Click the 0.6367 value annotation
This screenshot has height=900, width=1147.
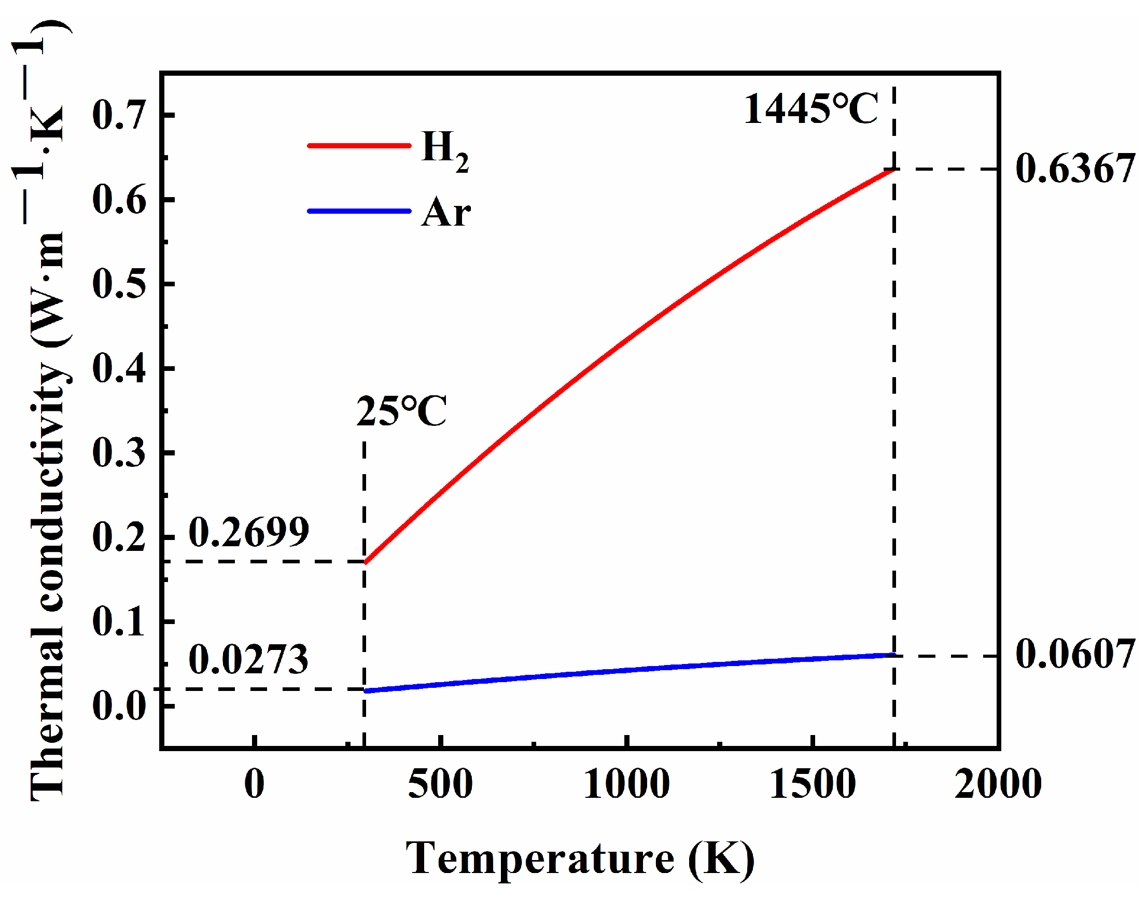pos(1074,169)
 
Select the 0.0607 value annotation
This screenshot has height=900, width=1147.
pos(1074,655)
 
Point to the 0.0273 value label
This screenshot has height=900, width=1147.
pos(248,660)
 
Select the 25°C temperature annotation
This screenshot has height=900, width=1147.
pos(401,411)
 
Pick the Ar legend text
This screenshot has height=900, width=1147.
pos(445,212)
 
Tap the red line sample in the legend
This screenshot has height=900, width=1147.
pos(359,145)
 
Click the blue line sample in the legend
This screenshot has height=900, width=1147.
pos(359,211)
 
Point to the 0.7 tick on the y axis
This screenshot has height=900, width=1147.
pos(119,115)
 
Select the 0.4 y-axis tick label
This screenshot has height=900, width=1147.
pos(119,368)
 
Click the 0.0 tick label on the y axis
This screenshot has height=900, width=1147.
pos(119,707)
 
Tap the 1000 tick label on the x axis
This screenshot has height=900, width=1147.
pos(627,785)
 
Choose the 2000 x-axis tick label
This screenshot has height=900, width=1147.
pos(998,785)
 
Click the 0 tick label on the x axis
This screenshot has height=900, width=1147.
pos(255,785)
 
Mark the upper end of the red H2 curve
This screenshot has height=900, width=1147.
pos(892,170)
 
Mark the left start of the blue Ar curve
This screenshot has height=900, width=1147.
pos(367,691)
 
